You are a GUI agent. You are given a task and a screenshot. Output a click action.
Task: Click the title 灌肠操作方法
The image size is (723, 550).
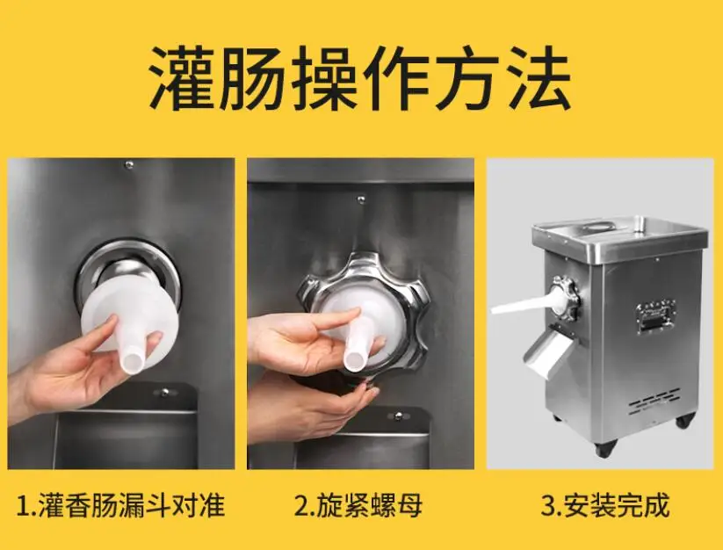pyautogui.click(x=360, y=79)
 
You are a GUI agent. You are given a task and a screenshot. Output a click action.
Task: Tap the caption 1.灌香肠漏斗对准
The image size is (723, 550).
pyautogui.click(x=120, y=505)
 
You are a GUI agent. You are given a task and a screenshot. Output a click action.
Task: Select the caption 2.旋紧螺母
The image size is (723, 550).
pyautogui.click(x=358, y=505)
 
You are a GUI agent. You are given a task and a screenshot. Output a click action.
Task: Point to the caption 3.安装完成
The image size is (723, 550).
pyautogui.click(x=604, y=505)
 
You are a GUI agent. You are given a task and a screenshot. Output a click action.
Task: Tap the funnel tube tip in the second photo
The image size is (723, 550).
pyautogui.click(x=354, y=360)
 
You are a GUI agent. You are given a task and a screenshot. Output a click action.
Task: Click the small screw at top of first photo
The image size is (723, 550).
pyautogui.click(x=129, y=164)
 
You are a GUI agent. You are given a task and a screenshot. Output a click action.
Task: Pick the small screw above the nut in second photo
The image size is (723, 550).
pyautogui.click(x=361, y=199)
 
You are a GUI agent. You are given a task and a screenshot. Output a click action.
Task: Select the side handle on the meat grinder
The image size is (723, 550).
pyautogui.click(x=655, y=316)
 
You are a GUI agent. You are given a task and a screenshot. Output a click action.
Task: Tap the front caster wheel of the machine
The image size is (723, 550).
pyautogui.click(x=606, y=447)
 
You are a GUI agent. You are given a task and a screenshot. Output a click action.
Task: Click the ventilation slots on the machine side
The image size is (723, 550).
pyautogui.click(x=654, y=401)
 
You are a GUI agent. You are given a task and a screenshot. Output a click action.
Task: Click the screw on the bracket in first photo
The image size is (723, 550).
pyautogui.click(x=164, y=393)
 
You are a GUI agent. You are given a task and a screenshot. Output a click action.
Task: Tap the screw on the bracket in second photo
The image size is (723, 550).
pyautogui.click(x=398, y=416)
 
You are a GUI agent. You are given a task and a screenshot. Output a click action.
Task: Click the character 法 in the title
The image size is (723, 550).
pyautogui.click(x=539, y=79)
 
